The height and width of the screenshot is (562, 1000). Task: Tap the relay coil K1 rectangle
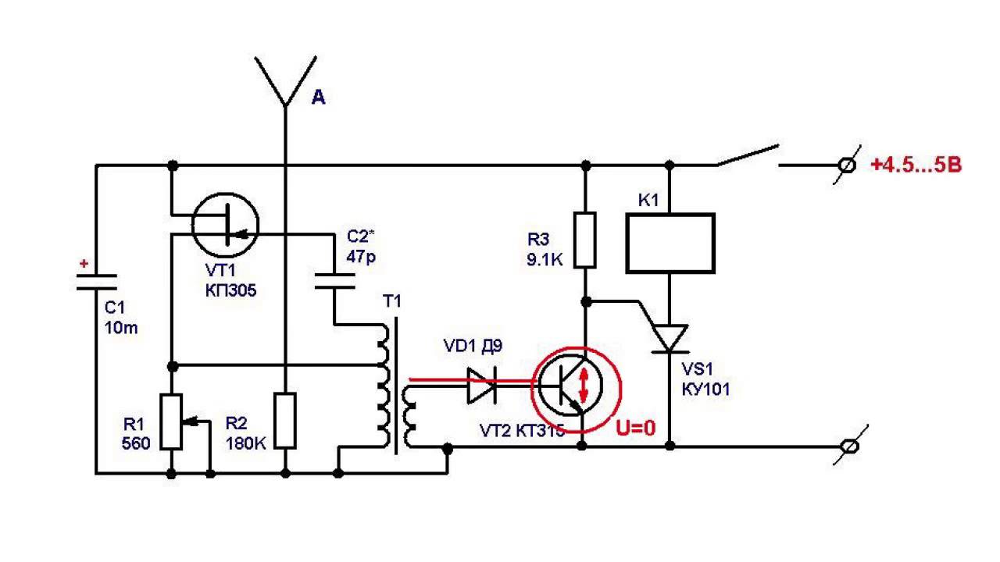tap(670, 243)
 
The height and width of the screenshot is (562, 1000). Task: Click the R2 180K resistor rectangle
tap(286, 421)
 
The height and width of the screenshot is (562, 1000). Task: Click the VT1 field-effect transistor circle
tap(226, 226)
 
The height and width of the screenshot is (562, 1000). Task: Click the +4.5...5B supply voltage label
tap(916, 165)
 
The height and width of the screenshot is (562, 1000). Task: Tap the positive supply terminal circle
tap(846, 165)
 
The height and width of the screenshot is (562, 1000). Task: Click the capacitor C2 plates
tap(335, 281)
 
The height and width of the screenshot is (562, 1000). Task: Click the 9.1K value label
tap(545, 261)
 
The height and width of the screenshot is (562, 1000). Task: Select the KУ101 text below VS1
tap(705, 388)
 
